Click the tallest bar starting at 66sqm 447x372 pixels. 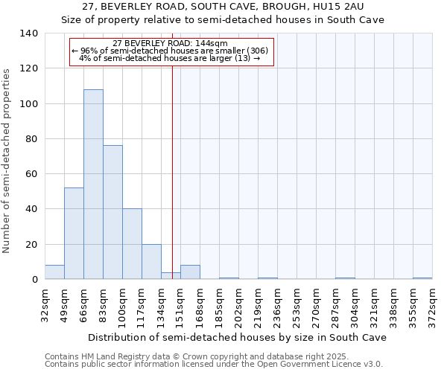point(93,185)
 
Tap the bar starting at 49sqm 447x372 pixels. point(74,234)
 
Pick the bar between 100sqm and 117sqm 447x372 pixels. point(132,244)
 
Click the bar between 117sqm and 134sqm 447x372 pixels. point(151,262)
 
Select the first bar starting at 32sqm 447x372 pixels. point(54,272)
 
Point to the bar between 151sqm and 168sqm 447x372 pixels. point(190,272)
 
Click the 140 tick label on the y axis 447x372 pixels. point(28,33)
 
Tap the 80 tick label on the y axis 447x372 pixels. point(31,139)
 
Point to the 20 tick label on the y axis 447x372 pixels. point(31,245)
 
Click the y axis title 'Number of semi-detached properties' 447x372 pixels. point(7,161)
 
